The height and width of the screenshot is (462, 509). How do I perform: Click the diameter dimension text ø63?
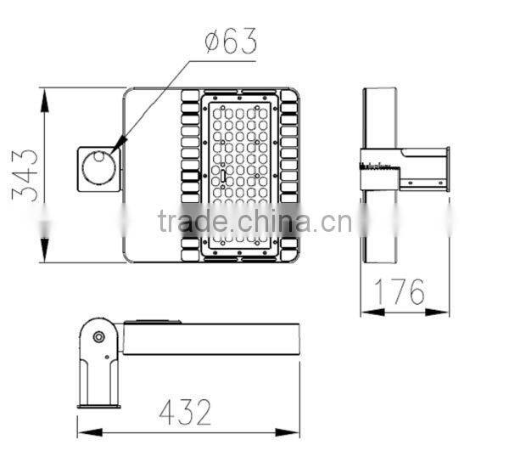(230, 40)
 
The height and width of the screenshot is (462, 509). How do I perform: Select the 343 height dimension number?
(25, 174)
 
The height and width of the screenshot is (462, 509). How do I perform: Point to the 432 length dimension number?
(185, 412)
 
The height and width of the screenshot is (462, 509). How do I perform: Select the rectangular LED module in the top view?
(241, 174)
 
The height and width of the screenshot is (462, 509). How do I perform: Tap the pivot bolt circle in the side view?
(98, 337)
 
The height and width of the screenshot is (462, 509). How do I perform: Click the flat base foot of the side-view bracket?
(98, 405)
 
